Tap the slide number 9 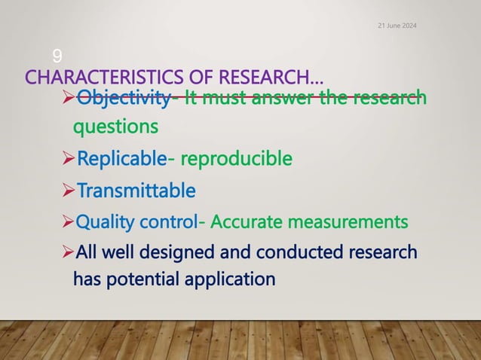click(57, 55)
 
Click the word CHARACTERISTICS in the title click(99, 77)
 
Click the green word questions click(115, 127)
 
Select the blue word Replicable click(121, 159)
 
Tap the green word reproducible click(236, 159)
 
